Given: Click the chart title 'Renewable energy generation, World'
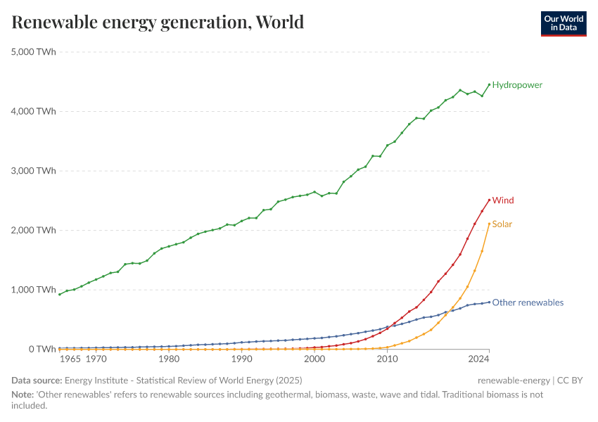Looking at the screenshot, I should point(158,23).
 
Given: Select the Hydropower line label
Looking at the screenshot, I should point(517,85).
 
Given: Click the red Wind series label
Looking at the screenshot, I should point(503,200).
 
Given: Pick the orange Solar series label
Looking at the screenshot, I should point(502,224).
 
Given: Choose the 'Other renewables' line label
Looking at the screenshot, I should point(528,303).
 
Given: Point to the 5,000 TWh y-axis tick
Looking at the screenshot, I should point(33,52).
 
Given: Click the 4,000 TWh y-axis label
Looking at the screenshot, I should point(33,111).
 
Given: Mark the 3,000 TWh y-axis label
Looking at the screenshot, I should point(33,171).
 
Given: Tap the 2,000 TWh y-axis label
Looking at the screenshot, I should point(33,230).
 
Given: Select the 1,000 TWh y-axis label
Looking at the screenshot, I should point(33,290).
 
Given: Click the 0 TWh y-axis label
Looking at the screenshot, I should point(42,350).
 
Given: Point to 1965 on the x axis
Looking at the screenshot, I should point(70,359).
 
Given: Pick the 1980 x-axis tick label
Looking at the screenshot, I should point(169,359).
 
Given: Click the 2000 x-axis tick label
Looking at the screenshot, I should point(314,359).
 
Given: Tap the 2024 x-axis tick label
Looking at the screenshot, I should point(478,359).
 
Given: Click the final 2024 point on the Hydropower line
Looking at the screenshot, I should point(489,84).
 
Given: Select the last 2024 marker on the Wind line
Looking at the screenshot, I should point(489,200).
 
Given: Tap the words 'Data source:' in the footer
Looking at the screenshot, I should point(37,381).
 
